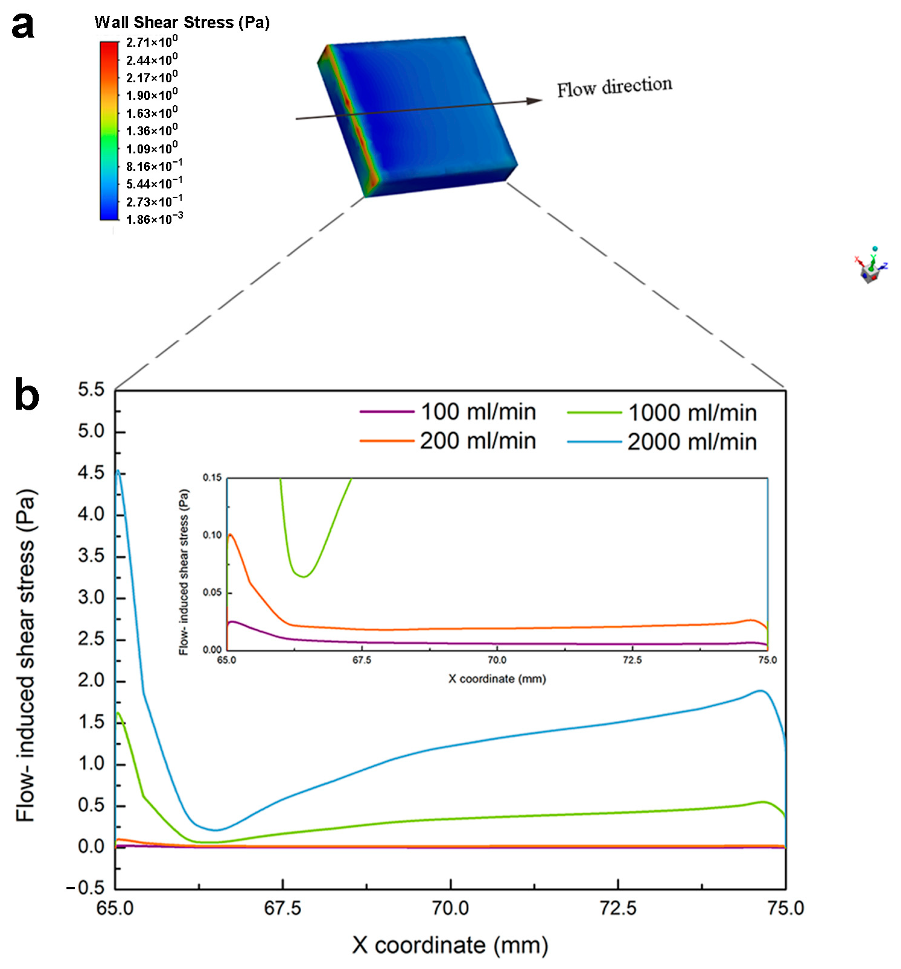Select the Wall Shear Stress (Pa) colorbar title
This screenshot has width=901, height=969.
tap(182, 23)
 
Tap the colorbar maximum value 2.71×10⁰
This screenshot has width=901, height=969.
tap(152, 42)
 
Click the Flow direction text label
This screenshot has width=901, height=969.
tap(614, 87)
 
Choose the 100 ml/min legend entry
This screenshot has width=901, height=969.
tap(447, 412)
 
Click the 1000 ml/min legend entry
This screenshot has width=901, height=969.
tap(662, 413)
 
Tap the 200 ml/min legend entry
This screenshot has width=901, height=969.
tap(447, 441)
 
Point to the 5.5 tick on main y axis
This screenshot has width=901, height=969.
tap(91, 390)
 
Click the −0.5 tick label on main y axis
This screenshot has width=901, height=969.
tap(86, 888)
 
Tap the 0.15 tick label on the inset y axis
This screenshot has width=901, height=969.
tap(212, 478)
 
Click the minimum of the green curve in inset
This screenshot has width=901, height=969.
tap(304, 577)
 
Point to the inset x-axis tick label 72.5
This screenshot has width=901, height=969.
tap(632, 660)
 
